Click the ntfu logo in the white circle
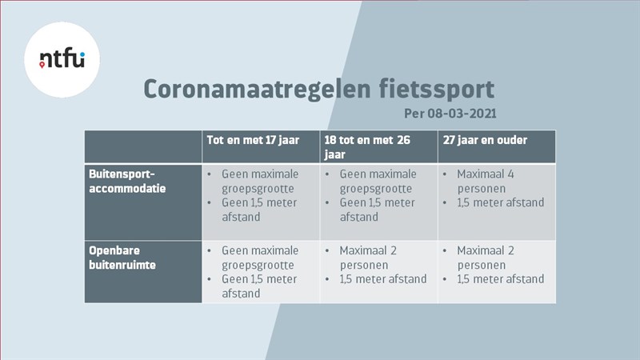point(62,58)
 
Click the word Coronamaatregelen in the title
point(257,89)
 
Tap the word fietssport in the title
point(436,90)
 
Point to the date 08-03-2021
point(462,114)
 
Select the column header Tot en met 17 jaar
point(253,141)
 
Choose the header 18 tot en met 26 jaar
point(367,147)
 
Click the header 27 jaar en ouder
point(485,140)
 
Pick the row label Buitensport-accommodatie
point(127,182)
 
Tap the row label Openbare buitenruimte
point(122,258)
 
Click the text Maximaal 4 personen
point(486,182)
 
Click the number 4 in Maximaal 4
point(510,174)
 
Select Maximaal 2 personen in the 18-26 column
point(368,258)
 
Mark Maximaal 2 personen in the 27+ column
point(486,258)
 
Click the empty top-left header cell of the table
point(143,147)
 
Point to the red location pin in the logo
point(42,65)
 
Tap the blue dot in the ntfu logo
point(82,54)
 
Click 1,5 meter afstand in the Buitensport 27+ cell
point(501,202)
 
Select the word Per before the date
point(414,114)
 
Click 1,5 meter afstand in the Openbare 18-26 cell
point(383,279)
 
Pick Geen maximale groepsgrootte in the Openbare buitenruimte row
point(260,258)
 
